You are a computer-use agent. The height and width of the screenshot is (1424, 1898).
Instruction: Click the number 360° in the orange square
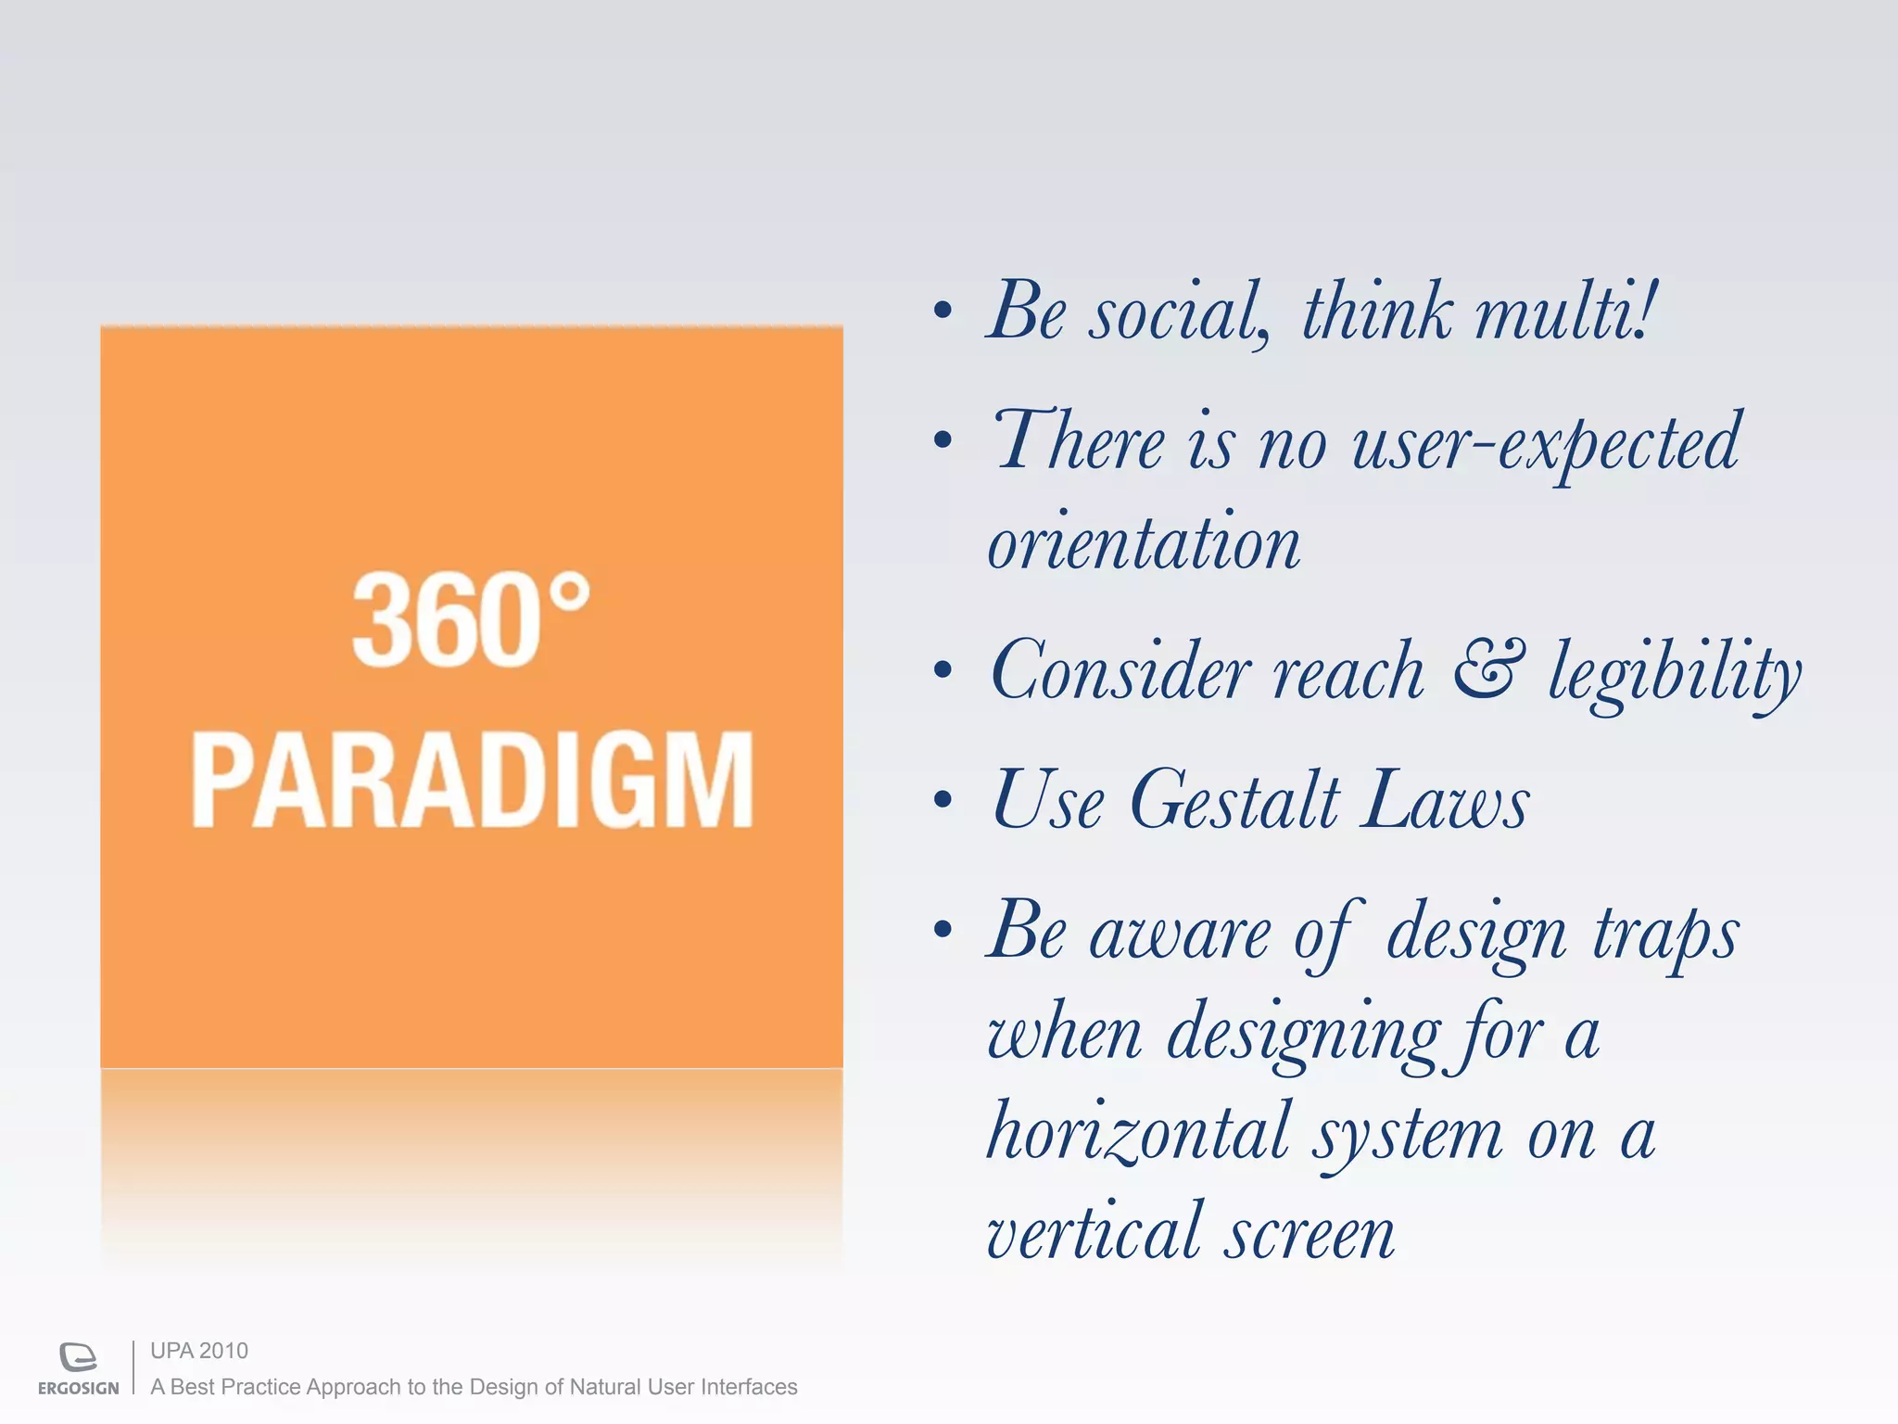[470, 619]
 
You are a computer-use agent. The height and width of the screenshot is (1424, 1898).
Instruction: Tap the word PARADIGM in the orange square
[472, 780]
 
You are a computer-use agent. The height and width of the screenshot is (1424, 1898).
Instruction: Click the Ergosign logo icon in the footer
[78, 1356]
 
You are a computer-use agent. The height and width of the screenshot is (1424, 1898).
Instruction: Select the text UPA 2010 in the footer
[199, 1351]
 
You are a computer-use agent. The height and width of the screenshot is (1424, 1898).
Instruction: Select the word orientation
[1144, 543]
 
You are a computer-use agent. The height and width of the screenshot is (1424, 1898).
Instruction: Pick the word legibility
[1674, 673]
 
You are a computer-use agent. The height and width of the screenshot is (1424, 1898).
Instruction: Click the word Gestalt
[1235, 800]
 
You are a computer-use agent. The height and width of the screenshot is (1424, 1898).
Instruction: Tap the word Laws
[1445, 800]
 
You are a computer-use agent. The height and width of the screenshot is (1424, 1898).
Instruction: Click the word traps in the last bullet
[1665, 934]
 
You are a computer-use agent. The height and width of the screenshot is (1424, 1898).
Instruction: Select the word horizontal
[1139, 1132]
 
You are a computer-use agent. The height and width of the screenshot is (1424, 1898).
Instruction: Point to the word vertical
[1094, 1233]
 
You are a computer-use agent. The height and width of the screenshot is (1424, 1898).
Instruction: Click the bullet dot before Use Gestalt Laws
[943, 799]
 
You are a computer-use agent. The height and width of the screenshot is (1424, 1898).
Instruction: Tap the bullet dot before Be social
[943, 311]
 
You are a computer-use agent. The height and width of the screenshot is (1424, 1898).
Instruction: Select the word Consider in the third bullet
[1120, 671]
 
